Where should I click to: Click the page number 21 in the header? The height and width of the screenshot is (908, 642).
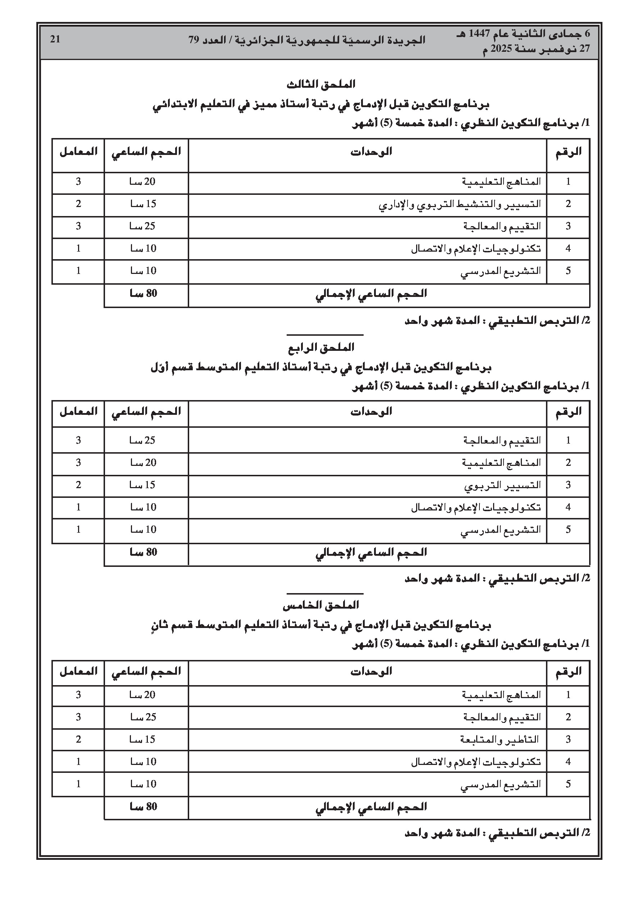pyautogui.click(x=55, y=39)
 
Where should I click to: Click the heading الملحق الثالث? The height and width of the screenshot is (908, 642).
pyautogui.click(x=320, y=84)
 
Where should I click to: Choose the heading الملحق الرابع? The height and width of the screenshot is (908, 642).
pyautogui.click(x=320, y=348)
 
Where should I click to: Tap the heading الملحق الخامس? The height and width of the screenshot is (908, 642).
pyautogui.click(x=320, y=605)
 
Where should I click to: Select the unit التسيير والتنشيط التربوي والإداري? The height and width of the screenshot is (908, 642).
pyautogui.click(x=460, y=205)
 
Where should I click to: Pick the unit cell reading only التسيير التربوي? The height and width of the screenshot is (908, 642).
pyautogui.click(x=502, y=485)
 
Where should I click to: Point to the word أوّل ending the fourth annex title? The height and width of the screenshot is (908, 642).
pyautogui.click(x=159, y=368)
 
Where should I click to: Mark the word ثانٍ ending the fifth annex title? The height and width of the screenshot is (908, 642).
pyautogui.click(x=158, y=625)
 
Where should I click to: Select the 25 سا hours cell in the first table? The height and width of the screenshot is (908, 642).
pyautogui.click(x=143, y=226)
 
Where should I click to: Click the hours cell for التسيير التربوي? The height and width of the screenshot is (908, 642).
pyautogui.click(x=143, y=485)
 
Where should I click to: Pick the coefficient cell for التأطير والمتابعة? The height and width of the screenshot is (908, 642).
pyautogui.click(x=78, y=739)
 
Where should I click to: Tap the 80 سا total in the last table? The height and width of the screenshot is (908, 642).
pyautogui.click(x=143, y=807)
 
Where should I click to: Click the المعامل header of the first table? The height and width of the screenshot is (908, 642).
pyautogui.click(x=78, y=152)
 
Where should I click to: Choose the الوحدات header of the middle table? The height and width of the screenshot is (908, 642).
pyautogui.click(x=371, y=412)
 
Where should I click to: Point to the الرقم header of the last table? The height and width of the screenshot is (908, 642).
pyautogui.click(x=568, y=671)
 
